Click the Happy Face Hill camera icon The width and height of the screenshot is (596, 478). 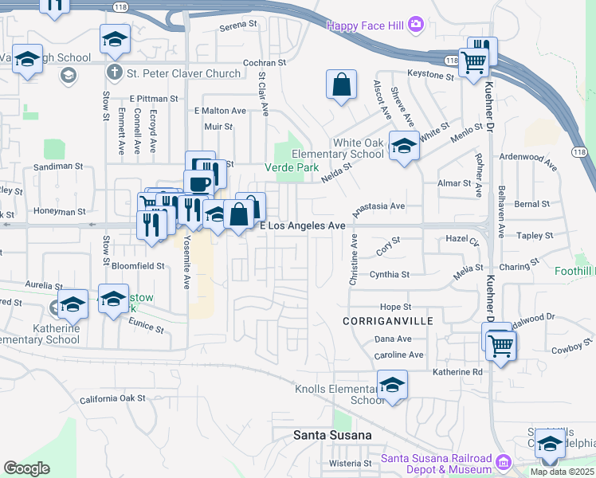point(415,25)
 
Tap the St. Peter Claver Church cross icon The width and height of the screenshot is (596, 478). point(115,73)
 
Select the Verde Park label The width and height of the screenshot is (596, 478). point(292,167)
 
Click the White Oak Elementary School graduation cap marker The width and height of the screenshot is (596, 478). point(404,146)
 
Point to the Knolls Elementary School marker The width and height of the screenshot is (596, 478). point(392,386)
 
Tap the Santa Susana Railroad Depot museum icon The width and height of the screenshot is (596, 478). point(503,462)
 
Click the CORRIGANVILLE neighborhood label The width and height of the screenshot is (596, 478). point(387,320)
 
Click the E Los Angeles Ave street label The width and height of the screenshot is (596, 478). point(304,226)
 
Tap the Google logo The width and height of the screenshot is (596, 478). point(26,468)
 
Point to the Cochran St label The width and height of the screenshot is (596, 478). point(264,62)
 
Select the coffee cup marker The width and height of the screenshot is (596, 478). point(198,183)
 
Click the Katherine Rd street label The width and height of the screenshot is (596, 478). point(457,371)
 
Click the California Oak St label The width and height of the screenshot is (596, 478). point(112,398)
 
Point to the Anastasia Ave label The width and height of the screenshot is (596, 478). point(378,206)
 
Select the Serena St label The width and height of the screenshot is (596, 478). point(239,26)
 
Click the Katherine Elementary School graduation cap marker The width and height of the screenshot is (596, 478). point(73,305)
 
